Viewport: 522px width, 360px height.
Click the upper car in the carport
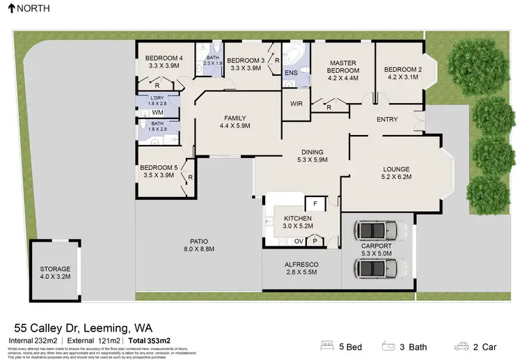[x=377, y=230]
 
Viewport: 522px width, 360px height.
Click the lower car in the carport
[x=377, y=267]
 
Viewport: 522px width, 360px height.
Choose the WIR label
[x=294, y=105]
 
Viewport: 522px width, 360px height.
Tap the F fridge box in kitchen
[x=315, y=204]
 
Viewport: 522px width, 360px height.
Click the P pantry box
[x=315, y=241]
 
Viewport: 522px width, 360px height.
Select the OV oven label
[x=299, y=241]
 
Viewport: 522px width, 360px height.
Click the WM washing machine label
[x=158, y=112]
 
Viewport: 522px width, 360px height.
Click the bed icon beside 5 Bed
[x=327, y=346]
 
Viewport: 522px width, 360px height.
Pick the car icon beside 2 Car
[x=461, y=346]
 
